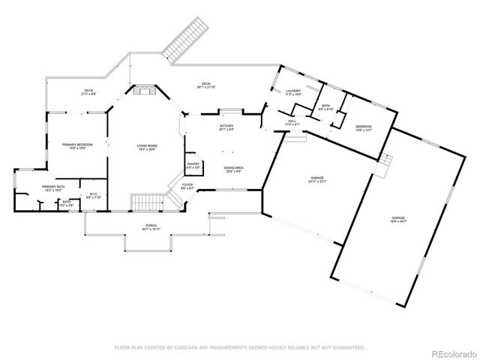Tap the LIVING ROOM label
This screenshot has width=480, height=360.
pyautogui.click(x=146, y=145)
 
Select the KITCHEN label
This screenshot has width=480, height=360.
pyautogui.click(x=226, y=125)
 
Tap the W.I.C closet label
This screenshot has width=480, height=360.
pyautogui.click(x=94, y=193)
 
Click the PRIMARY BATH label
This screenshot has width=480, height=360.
pyautogui.click(x=54, y=187)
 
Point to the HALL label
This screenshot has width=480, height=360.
pyautogui.click(x=292, y=121)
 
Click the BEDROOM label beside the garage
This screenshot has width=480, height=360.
pyautogui.click(x=364, y=126)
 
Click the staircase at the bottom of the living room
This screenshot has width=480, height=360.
pyautogui.click(x=146, y=202)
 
